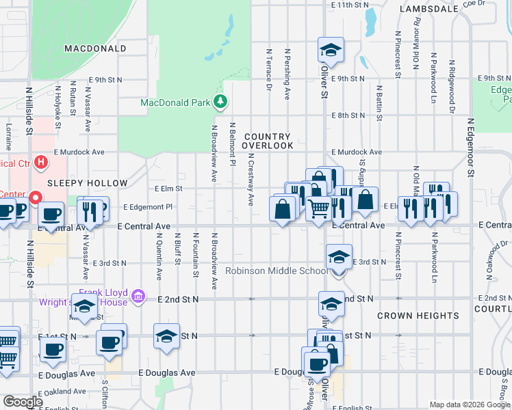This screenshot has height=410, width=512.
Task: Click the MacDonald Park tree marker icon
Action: coord(220,102)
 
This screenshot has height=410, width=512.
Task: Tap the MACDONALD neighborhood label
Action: coord(95,49)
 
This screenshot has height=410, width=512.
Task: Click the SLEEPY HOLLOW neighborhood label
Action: coord(87,183)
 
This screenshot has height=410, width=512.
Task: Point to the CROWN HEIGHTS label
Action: coord(418,316)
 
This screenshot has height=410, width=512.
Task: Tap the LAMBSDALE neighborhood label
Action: coord(428,10)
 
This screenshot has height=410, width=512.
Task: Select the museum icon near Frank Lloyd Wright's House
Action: coord(138,297)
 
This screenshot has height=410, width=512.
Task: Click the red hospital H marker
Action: coord(41,163)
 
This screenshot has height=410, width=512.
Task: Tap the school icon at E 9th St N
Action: coord(331,50)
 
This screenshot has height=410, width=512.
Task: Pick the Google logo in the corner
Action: coord(22,402)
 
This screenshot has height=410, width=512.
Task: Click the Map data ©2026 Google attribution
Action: coord(470,405)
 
